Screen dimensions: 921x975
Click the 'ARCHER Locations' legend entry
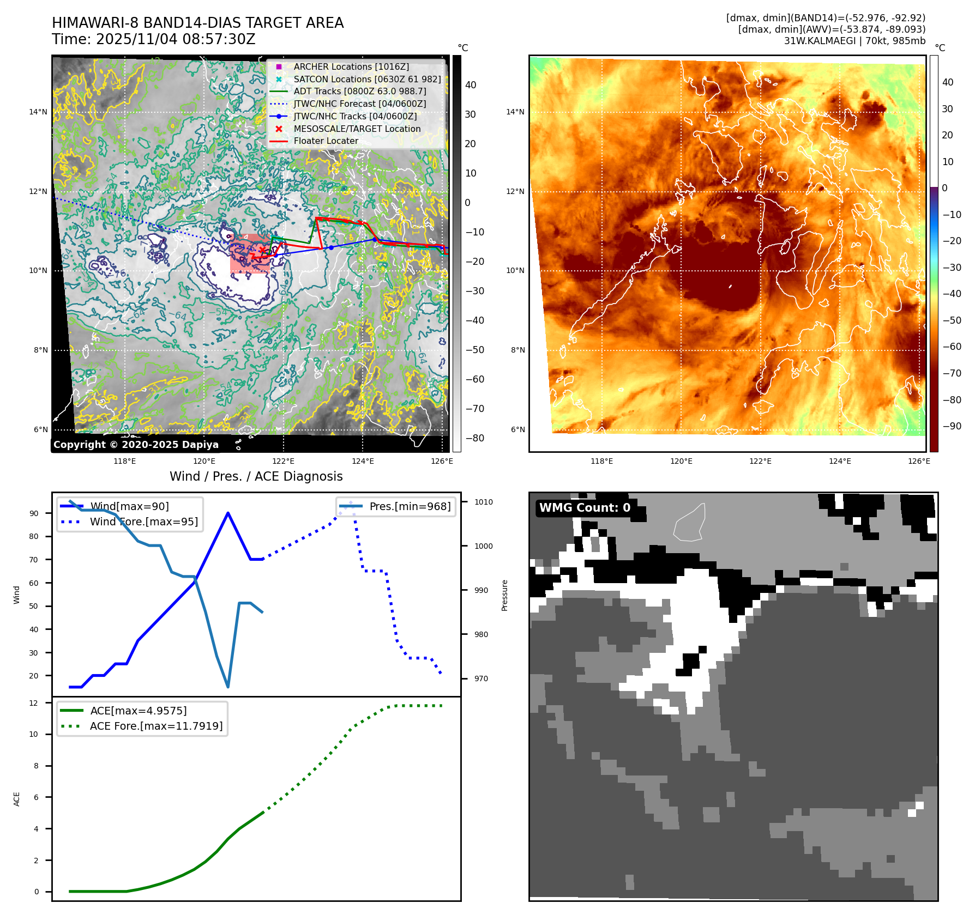coord(351,66)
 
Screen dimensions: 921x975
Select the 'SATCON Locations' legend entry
coord(366,79)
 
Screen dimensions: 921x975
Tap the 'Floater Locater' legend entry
coord(326,141)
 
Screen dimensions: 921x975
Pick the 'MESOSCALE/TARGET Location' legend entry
coord(357,129)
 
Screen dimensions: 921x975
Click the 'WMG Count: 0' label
coord(585,508)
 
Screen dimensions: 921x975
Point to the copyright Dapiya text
coord(136,445)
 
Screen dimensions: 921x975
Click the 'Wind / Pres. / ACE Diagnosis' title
coord(256,476)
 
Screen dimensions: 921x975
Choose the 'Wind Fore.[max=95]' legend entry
coord(143,522)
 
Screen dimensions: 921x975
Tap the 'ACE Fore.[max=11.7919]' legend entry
coord(156,726)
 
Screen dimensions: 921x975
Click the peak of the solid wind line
coord(227,513)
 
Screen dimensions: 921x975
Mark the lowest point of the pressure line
coord(227,687)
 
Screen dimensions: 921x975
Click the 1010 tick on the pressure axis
coord(483,502)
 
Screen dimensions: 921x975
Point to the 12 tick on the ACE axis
coord(34,703)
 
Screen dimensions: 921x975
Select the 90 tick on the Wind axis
coord(34,513)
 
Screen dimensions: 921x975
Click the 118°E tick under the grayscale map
coord(124,461)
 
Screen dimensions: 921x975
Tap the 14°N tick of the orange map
coord(515,112)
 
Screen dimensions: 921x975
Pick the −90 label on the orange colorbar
coord(952,426)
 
